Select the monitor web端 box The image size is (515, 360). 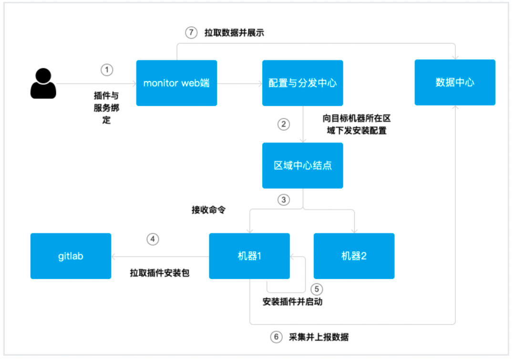(x=176, y=83)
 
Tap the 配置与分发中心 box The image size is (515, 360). (x=302, y=83)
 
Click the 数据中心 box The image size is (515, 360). (x=455, y=82)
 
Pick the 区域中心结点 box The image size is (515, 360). (x=302, y=165)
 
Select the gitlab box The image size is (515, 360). (x=71, y=256)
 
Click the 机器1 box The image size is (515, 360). (x=249, y=256)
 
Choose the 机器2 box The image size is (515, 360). (x=354, y=256)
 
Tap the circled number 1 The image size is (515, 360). (x=107, y=70)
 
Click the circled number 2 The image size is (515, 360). (x=284, y=124)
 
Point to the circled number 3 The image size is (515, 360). (x=284, y=200)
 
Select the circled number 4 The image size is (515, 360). (x=153, y=239)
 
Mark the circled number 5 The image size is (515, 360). (x=316, y=289)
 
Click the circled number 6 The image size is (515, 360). (x=276, y=337)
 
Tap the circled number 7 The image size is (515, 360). (x=191, y=33)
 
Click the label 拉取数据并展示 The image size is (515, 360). (x=234, y=33)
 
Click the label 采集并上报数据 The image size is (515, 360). (x=319, y=337)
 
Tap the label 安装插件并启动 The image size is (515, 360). (x=292, y=302)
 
